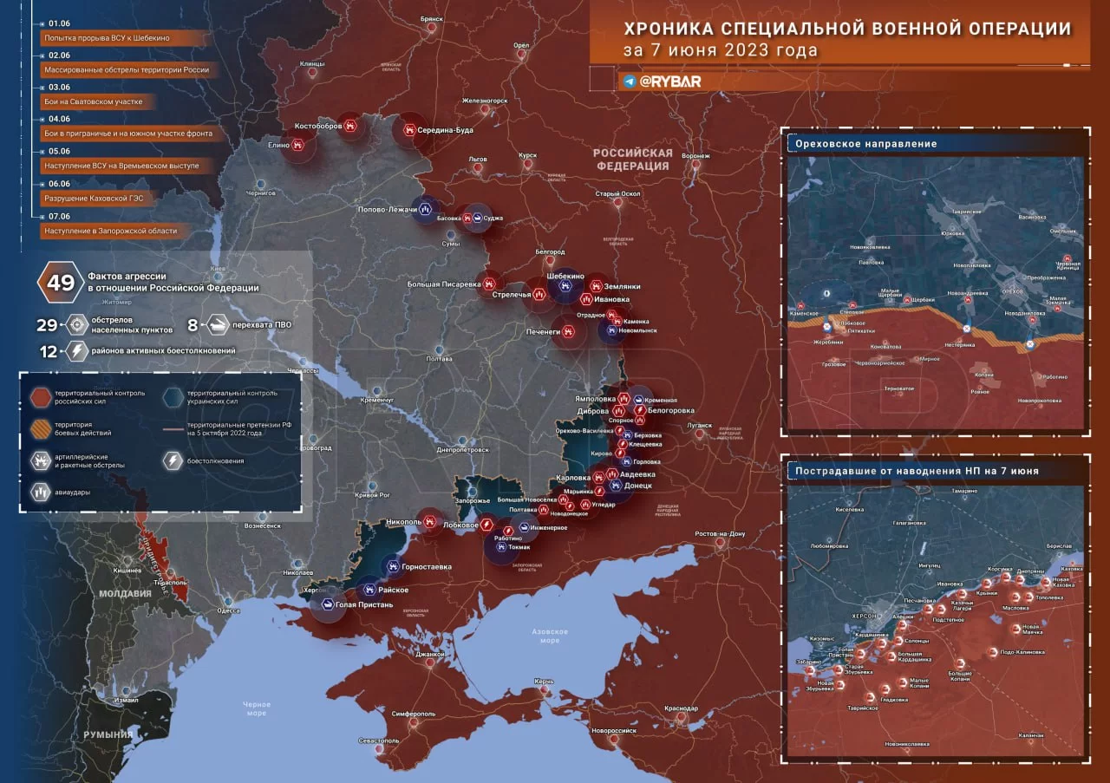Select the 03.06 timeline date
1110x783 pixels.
click(60, 88)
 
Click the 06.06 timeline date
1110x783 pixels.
click(60, 184)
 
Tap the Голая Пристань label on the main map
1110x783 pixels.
click(364, 604)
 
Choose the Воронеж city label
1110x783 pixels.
click(695, 156)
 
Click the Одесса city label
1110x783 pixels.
click(228, 610)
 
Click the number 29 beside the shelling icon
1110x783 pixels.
click(47, 326)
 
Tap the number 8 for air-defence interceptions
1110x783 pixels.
click(193, 326)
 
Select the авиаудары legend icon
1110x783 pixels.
click(41, 491)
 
